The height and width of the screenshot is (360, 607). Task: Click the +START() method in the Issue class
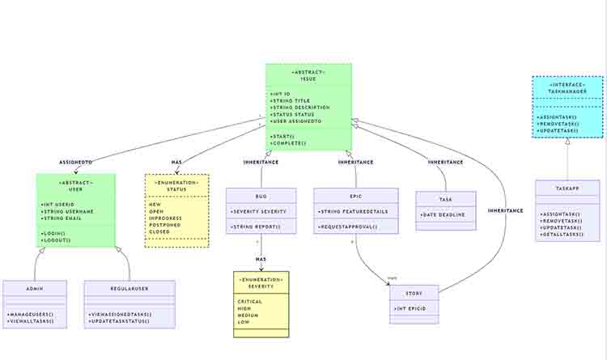282,136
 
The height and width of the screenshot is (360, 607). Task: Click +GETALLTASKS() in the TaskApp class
562,235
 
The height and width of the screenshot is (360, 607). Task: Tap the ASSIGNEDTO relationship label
76,163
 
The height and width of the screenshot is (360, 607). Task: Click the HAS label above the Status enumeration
176,163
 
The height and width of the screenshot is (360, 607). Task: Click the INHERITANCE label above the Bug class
261,163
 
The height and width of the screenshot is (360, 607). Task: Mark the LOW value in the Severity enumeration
243,322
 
